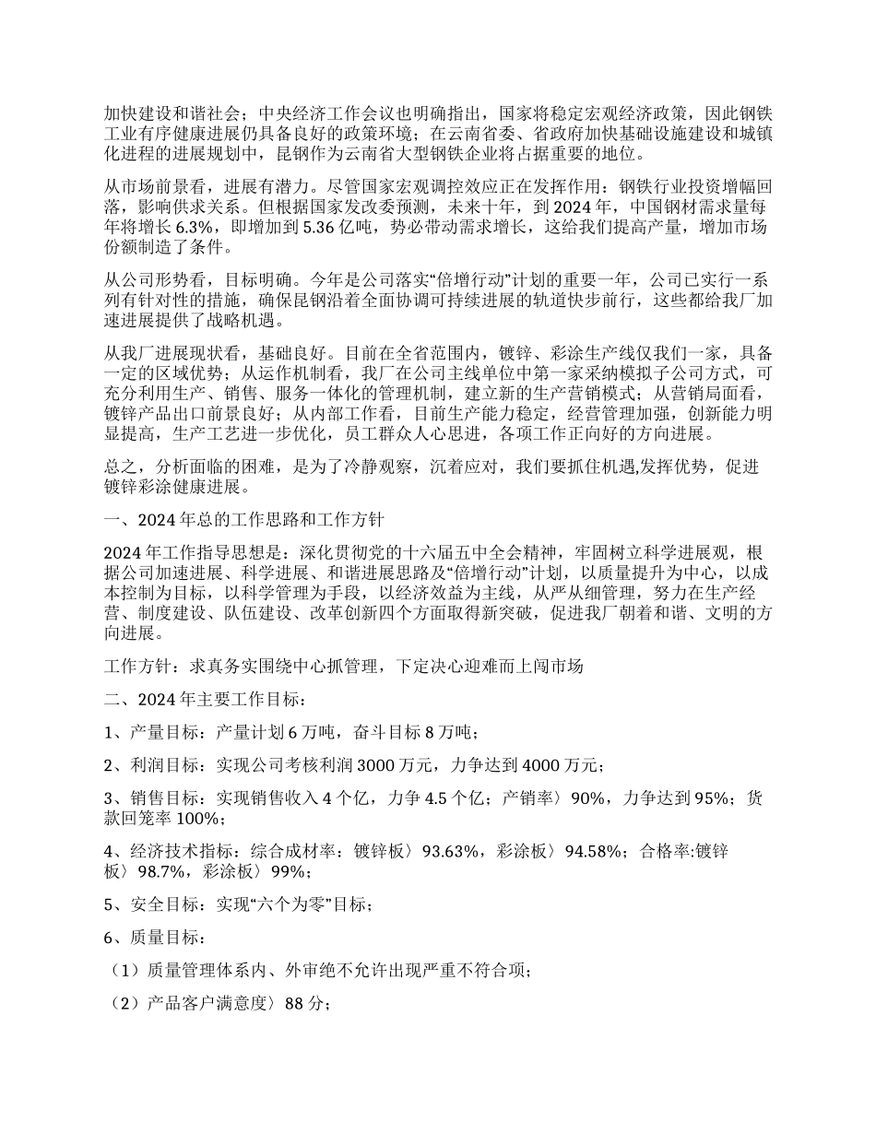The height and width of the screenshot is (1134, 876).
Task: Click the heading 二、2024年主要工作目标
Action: pyautogui.click(x=211, y=699)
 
